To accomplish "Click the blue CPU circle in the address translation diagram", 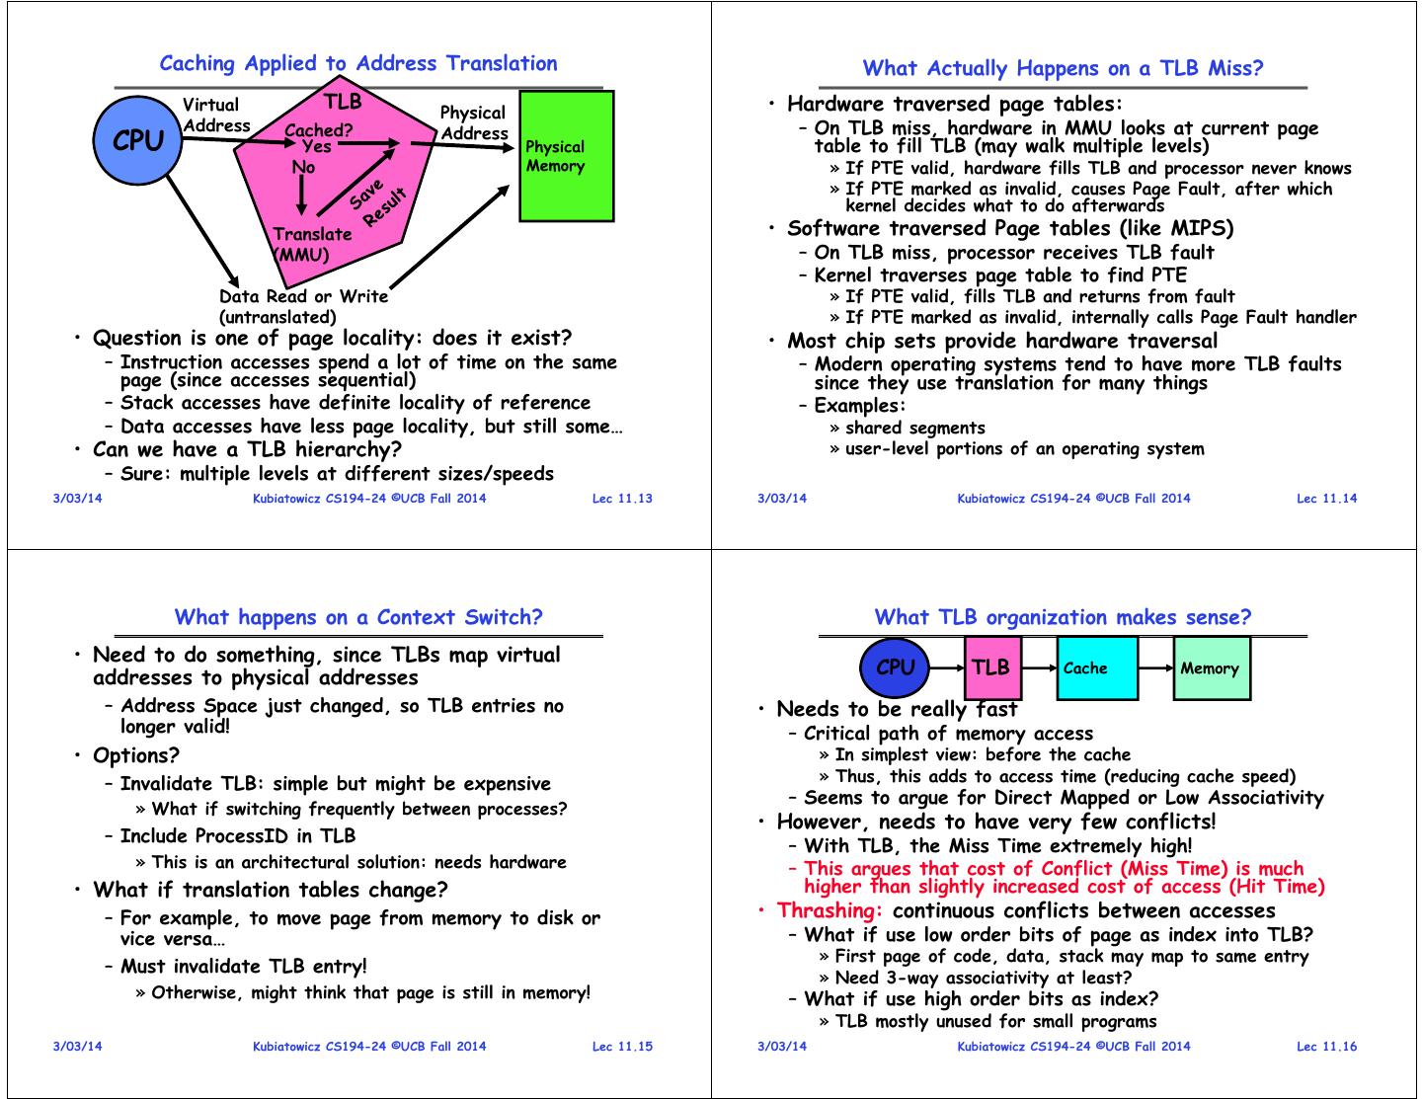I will click(x=137, y=141).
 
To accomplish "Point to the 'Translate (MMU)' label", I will click(x=310, y=244).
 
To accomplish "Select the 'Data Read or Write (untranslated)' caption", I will click(x=303, y=306).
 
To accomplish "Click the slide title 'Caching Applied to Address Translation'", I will click(x=358, y=63).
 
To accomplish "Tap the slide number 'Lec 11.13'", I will click(x=622, y=498).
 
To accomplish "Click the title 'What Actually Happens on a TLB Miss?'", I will click(x=1063, y=68).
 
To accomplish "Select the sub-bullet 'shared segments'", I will click(x=915, y=428).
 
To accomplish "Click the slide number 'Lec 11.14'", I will click(x=1326, y=498).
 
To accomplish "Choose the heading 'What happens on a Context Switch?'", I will click(x=358, y=617).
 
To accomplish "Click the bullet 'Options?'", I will click(x=136, y=755).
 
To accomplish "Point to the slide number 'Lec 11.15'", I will click(x=622, y=1046).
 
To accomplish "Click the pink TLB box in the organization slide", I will click(x=991, y=667).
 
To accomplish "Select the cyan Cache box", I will click(x=1096, y=667).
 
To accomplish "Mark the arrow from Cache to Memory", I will click(x=1155, y=667).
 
